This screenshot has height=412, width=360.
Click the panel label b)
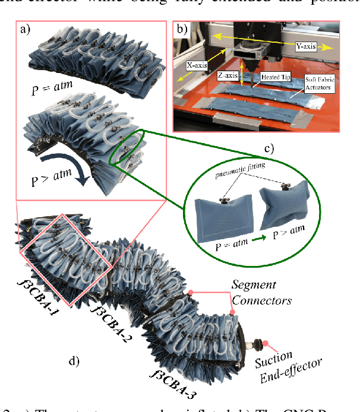tap(181, 29)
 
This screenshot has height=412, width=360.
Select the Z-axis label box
tap(227, 75)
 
